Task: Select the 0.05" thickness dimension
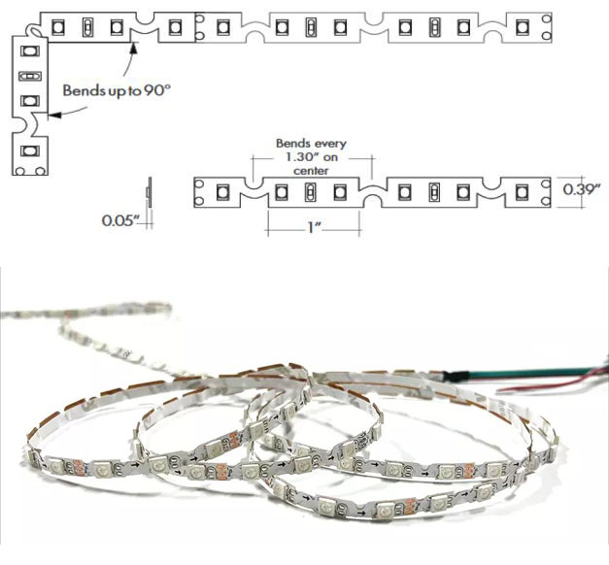(121, 220)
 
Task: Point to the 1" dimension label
(313, 227)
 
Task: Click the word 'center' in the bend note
(310, 170)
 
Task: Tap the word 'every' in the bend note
(330, 144)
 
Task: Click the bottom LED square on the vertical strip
(28, 151)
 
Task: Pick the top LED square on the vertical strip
(29, 50)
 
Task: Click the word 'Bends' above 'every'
(296, 144)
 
